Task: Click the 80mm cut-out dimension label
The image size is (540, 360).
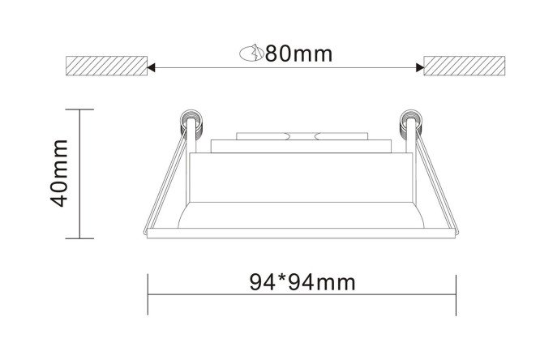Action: point(298,54)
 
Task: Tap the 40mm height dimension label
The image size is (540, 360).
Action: point(59,173)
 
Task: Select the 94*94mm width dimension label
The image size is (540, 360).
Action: point(302,282)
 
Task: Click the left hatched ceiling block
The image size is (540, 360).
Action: point(106,66)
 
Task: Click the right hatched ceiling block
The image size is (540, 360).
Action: point(465,66)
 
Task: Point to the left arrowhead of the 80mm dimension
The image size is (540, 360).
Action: point(151,67)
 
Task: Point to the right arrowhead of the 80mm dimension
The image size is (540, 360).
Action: point(420,67)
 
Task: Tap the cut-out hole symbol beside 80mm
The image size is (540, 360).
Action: point(251,53)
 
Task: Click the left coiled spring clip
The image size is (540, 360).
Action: point(191,125)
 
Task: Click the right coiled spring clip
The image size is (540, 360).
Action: point(410,125)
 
